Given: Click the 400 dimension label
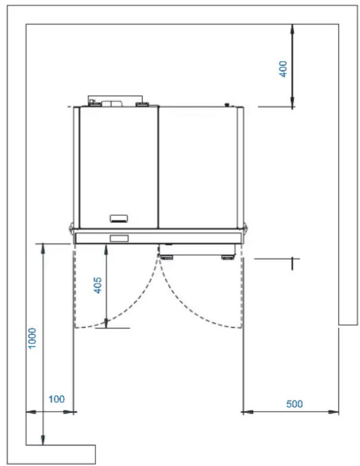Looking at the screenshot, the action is pyautogui.click(x=284, y=69).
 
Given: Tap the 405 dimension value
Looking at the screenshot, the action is pyautogui.click(x=98, y=285).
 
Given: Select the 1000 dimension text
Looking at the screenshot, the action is pyautogui.click(x=32, y=338).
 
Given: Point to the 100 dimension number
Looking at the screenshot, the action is pyautogui.click(x=57, y=399).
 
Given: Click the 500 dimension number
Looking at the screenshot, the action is pyautogui.click(x=294, y=404).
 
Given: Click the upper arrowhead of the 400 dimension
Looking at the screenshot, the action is pyautogui.click(x=292, y=29).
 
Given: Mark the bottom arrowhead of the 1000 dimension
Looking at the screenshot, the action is pyautogui.click(x=43, y=440).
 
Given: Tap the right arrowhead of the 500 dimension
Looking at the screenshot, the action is pyautogui.click(x=333, y=412).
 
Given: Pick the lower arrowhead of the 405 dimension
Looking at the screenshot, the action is pyautogui.click(x=106, y=323).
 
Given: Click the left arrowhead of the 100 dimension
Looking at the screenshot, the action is pyautogui.click(x=31, y=412).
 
